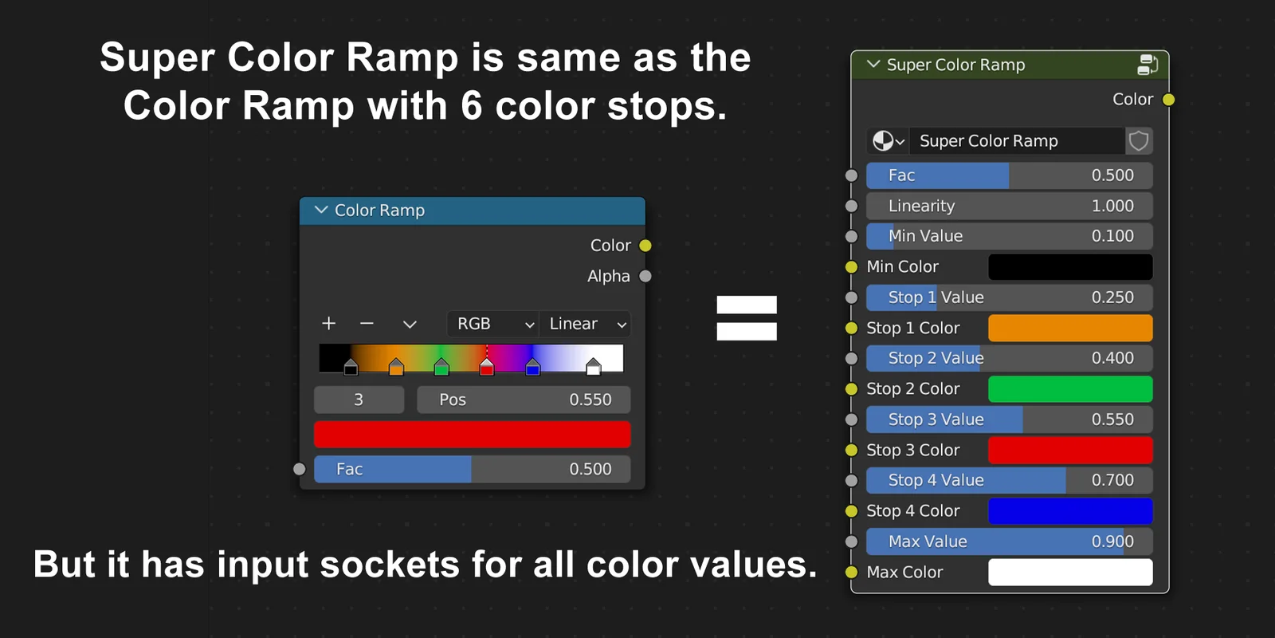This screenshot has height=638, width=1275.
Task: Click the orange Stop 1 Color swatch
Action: tap(1070, 328)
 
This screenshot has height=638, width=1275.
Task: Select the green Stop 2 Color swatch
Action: tap(1070, 389)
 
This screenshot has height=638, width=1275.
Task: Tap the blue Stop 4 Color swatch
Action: tap(1070, 511)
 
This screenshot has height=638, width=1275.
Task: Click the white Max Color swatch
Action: tap(1070, 572)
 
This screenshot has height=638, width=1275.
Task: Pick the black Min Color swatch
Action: tap(1070, 267)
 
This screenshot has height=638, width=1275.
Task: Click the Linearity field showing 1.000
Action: tap(1009, 206)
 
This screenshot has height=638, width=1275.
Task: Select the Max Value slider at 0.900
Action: tap(1009, 542)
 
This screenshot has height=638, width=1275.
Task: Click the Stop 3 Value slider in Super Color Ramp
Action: tap(1009, 419)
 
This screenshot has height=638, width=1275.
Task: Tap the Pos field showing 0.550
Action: tap(524, 400)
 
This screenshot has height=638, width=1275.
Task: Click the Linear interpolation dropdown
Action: tap(586, 324)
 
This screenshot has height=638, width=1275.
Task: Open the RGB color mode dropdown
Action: tap(493, 324)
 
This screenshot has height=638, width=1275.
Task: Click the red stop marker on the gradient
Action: tap(487, 367)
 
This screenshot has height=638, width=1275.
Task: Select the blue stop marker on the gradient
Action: tap(533, 367)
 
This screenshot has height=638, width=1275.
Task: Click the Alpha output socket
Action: tap(645, 276)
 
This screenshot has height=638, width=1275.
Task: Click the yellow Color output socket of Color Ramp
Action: tap(645, 246)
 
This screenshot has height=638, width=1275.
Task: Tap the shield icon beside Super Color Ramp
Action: tap(1139, 141)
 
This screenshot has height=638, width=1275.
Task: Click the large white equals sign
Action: tap(747, 317)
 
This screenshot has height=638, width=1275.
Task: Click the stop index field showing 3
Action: tap(359, 400)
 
